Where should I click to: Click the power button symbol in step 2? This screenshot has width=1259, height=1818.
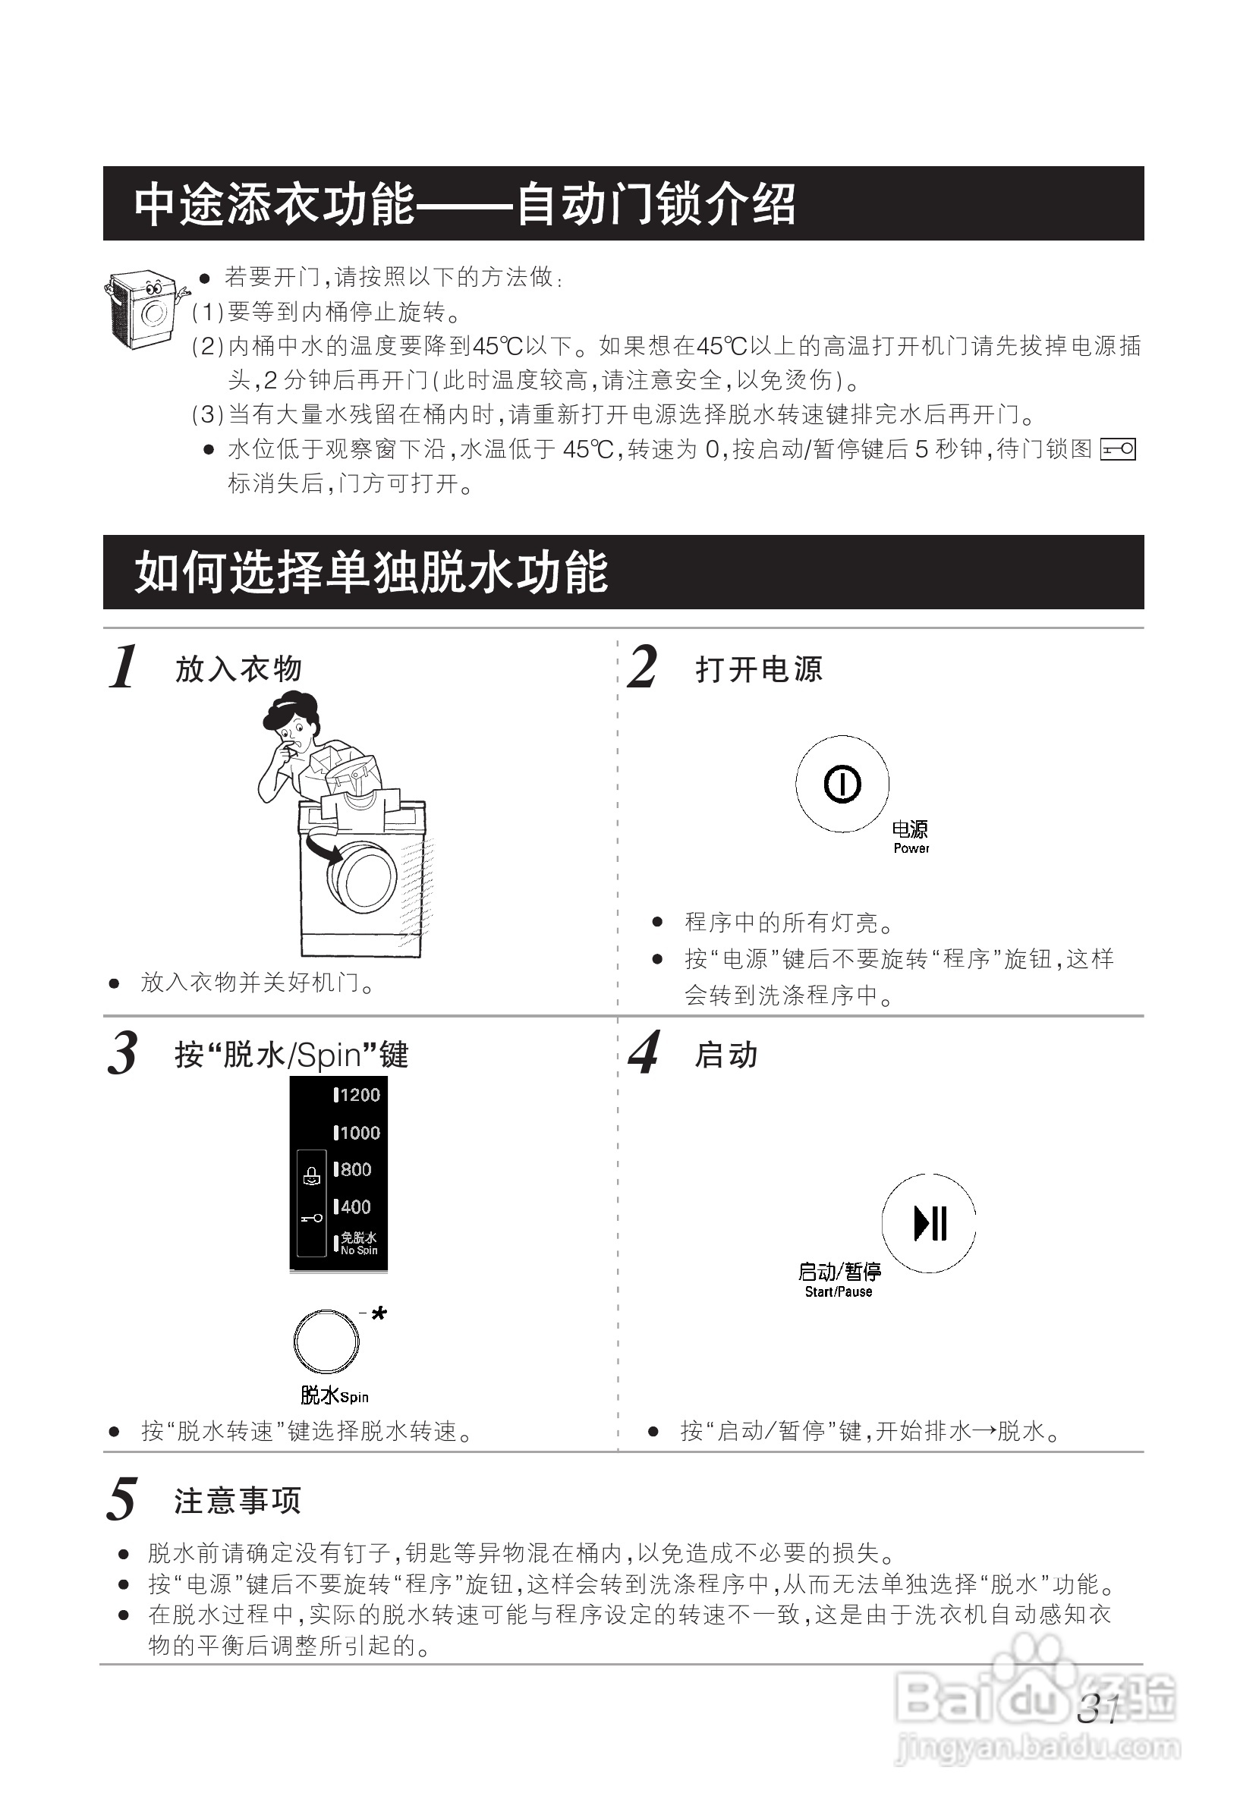(842, 784)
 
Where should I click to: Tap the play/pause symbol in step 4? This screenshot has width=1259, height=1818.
(929, 1223)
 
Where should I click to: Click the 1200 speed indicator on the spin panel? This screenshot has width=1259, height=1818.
(357, 1095)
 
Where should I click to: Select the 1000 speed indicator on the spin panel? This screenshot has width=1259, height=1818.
(357, 1133)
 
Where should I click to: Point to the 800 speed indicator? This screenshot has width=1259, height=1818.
(353, 1170)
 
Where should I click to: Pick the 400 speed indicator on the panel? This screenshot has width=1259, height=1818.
(353, 1206)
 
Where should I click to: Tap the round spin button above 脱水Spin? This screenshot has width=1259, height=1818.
(326, 1341)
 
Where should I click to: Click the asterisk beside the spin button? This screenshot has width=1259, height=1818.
(379, 1314)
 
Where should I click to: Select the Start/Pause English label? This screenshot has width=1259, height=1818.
(838, 1292)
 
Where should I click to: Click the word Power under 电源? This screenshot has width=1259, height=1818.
(911, 848)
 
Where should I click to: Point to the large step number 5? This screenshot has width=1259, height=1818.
(122, 1500)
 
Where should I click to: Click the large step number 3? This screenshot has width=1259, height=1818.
(122, 1054)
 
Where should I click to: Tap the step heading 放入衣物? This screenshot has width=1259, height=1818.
(238, 668)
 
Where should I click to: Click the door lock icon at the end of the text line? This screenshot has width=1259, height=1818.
(1117, 450)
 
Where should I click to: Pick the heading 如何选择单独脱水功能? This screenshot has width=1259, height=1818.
(371, 572)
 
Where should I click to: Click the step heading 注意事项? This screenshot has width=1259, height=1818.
(238, 1501)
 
